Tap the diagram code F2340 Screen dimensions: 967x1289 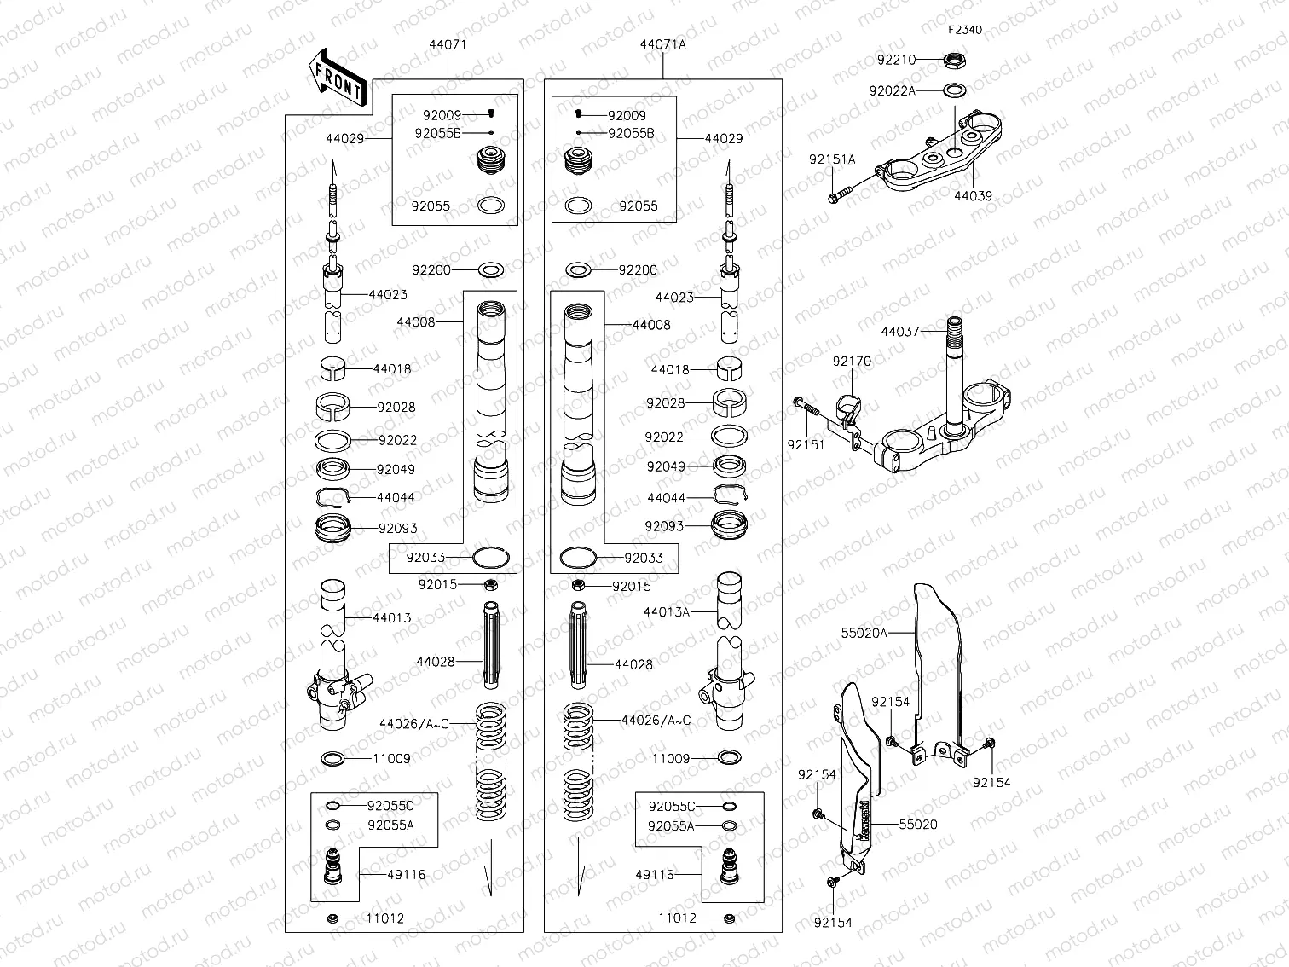tap(964, 30)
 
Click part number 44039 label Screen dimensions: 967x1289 tap(972, 195)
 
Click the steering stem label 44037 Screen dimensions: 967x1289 tap(899, 331)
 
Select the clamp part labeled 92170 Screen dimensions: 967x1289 tap(849, 406)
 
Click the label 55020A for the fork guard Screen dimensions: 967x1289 tap(864, 633)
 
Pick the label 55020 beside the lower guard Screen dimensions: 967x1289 tap(917, 825)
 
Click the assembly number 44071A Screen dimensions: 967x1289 tap(662, 44)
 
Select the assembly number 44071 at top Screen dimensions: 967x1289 tap(447, 44)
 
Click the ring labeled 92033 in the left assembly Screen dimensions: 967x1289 tap(491, 558)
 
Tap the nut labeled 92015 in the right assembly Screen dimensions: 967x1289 tap(577, 585)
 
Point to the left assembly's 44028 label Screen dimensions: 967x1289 tap(435, 662)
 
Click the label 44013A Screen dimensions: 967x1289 tap(666, 611)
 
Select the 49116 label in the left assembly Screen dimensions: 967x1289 tap(406, 874)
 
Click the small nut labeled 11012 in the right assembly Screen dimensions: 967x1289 tap(729, 918)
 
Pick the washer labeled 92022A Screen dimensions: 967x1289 tap(955, 90)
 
